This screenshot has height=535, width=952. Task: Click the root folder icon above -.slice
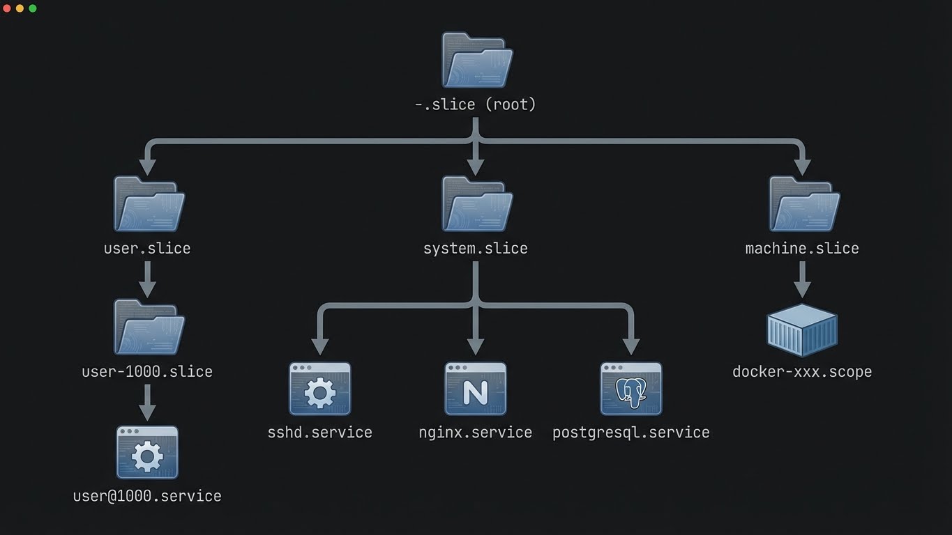[x=477, y=61]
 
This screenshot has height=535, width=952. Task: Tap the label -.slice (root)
[x=476, y=104]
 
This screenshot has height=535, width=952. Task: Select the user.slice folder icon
[x=149, y=204]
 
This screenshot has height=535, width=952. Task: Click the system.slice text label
[x=476, y=249]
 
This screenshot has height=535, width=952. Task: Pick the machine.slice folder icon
[x=803, y=204]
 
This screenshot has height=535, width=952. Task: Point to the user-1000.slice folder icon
[x=149, y=327]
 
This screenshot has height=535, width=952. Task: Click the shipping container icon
[x=802, y=330]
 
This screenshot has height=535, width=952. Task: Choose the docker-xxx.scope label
[x=802, y=372]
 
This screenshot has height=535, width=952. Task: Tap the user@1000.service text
[x=147, y=496]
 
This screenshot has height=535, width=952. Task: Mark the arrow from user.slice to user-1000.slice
[x=147, y=279]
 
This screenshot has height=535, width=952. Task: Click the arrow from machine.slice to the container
[x=802, y=279]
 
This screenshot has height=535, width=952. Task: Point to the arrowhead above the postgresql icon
[x=630, y=346]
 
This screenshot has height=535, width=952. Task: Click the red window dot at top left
[x=7, y=8]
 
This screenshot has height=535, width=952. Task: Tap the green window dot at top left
[x=32, y=8]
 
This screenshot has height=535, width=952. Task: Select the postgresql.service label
[x=630, y=433]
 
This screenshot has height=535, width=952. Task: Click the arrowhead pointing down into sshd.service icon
[x=320, y=346]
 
